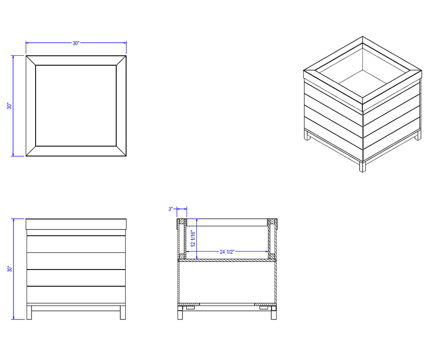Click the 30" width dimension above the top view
click(x=76, y=43)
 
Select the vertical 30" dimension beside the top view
click(x=9, y=106)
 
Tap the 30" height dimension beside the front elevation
click(x=10, y=269)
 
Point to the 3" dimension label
click(x=171, y=209)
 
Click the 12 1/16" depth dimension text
click(x=193, y=238)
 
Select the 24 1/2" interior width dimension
click(x=227, y=252)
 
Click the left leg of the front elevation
click(x=29, y=313)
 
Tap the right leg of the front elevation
click(x=123, y=313)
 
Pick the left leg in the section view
click(x=180, y=313)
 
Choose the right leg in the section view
click(x=274, y=313)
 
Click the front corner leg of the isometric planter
click(x=363, y=166)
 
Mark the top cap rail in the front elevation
click(x=76, y=224)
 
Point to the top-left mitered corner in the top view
click(x=31, y=61)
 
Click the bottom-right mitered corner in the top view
click(x=121, y=151)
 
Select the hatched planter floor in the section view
click(x=227, y=261)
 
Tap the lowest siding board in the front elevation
click(x=76, y=295)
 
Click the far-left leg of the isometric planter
click(x=307, y=135)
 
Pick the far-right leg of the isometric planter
click(x=418, y=135)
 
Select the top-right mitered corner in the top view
click(x=121, y=61)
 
